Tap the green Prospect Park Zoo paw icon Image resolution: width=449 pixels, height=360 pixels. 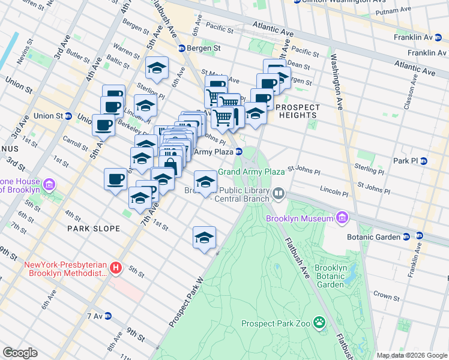click(320, 323)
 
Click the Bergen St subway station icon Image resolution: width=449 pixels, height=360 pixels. click(182, 48)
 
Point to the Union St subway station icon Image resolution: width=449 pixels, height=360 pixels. click(68, 116)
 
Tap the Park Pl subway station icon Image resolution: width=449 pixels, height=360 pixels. click(424, 161)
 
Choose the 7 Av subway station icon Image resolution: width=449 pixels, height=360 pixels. click(109, 316)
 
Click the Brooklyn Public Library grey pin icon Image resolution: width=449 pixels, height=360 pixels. click(279, 193)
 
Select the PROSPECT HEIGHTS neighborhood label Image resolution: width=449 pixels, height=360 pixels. click(298, 107)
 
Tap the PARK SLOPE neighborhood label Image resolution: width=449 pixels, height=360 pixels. click(94, 229)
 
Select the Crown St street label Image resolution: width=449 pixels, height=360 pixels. click(386, 296)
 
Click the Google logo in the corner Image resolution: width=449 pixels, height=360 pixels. click(20, 353)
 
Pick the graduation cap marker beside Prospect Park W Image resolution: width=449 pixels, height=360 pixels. click(204, 238)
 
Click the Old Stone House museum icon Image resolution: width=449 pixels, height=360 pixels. click(49, 182)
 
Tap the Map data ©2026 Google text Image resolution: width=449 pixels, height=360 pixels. click(412, 355)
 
